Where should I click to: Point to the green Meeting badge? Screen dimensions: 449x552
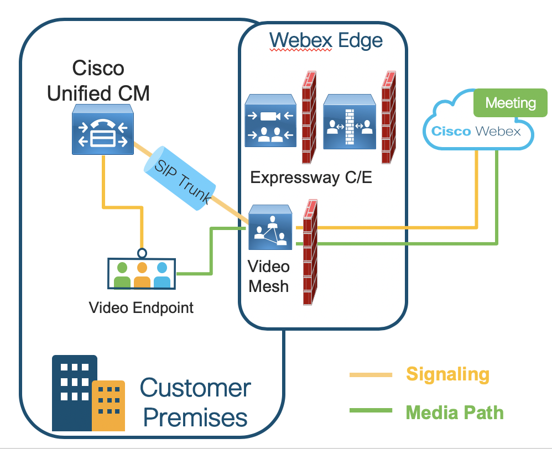510,103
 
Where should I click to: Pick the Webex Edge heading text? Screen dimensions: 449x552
325,40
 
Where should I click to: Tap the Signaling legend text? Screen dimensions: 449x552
447,374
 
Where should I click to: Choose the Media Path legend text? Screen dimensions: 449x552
455,412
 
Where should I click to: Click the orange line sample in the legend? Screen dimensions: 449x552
371,375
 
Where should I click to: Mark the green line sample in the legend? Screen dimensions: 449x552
371,412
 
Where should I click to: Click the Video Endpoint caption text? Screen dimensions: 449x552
141,307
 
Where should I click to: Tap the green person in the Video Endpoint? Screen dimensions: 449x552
122,274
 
